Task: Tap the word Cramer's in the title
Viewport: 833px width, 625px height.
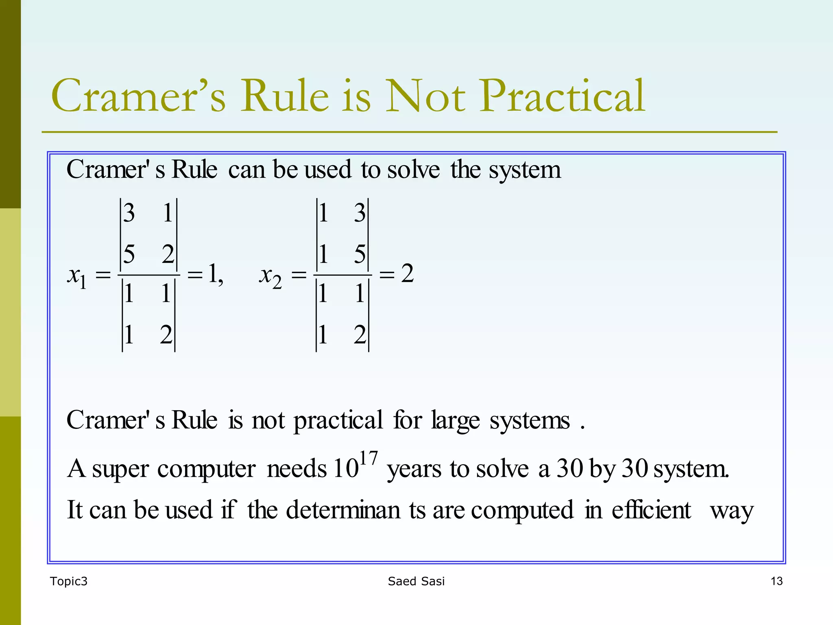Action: pos(138,96)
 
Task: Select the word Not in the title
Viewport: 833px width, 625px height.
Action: pos(425,96)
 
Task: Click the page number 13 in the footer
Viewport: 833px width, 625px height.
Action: pos(776,581)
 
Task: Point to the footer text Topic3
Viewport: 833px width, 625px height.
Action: pos(69,581)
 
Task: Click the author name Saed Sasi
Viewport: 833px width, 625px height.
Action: pos(416,581)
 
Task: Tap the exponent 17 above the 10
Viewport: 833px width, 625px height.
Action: pos(369,459)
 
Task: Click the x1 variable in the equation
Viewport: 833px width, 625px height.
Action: pos(77,277)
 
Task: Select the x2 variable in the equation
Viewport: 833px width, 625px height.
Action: pos(270,277)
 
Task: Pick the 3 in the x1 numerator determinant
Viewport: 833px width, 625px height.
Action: pos(129,213)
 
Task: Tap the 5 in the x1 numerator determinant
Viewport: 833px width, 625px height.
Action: pos(129,254)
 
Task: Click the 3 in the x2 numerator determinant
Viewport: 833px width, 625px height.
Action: pos(360,213)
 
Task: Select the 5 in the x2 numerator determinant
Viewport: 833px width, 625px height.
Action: pos(360,254)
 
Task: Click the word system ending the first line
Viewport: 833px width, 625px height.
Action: pos(525,170)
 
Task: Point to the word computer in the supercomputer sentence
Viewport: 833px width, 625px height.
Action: pos(207,469)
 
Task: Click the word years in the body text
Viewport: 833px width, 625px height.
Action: pos(414,469)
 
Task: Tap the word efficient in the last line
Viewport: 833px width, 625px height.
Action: pos(651,510)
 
